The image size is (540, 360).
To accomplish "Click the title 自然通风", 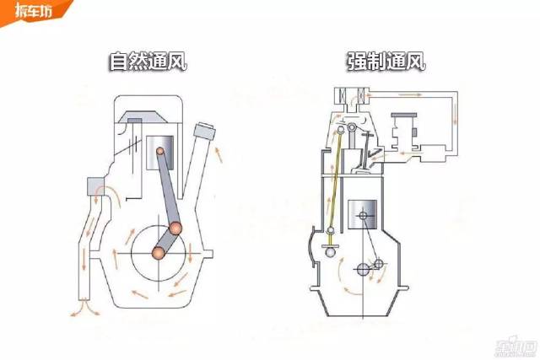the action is (x=147, y=62).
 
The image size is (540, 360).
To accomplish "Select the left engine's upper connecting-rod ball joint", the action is (x=176, y=227).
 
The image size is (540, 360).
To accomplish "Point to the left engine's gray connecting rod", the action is (x=168, y=191).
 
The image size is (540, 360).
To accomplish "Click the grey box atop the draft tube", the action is (x=92, y=187).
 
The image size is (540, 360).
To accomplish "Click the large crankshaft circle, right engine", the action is (x=364, y=270).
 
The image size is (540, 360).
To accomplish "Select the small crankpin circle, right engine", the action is (x=378, y=264).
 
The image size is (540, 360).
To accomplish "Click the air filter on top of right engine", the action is (x=352, y=95).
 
